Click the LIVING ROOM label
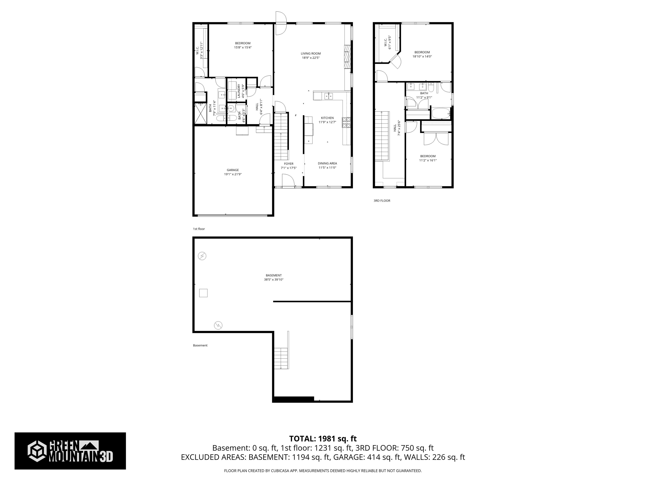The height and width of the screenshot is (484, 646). [311, 53]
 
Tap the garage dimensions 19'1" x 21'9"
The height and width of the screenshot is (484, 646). [233, 174]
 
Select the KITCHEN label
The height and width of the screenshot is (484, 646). [327, 118]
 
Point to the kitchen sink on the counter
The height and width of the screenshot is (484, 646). [328, 96]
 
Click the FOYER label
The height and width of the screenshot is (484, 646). [289, 164]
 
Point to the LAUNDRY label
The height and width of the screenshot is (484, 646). [239, 91]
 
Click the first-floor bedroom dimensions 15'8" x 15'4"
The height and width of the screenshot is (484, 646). [243, 47]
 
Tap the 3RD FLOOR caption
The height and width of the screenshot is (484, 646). [382, 201]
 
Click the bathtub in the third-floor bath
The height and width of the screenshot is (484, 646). [441, 113]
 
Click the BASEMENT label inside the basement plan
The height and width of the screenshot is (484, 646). [274, 275]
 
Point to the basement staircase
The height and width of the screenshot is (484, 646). [281, 358]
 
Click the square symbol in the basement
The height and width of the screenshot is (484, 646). [203, 293]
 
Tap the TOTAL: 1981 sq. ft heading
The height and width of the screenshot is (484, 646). [323, 438]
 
